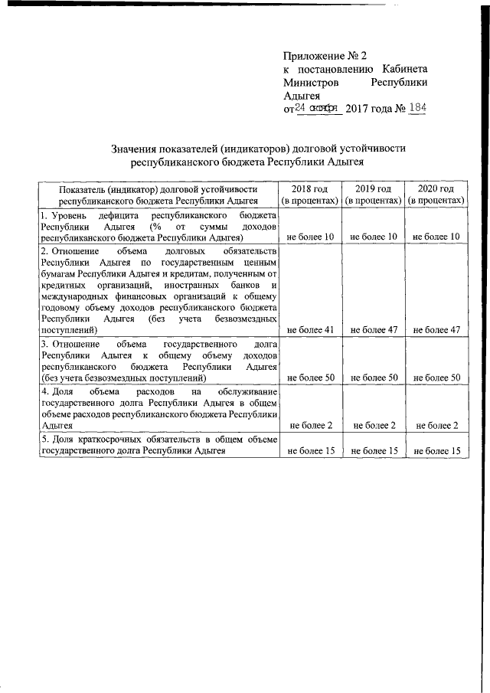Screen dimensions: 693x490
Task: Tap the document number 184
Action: [417, 108]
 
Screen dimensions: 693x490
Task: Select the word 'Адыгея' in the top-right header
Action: [301, 95]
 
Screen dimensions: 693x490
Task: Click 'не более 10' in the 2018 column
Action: [310, 237]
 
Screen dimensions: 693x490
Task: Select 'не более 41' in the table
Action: [310, 330]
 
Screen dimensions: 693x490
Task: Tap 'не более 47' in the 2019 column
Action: [373, 330]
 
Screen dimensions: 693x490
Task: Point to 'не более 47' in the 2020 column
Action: [436, 330]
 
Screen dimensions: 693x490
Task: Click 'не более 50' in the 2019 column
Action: [373, 378]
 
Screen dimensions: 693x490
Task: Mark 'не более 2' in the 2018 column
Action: [310, 425]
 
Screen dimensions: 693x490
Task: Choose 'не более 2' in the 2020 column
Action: [436, 425]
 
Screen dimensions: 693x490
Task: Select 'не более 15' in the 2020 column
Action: [436, 451]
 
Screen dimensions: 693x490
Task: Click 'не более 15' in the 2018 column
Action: [310, 451]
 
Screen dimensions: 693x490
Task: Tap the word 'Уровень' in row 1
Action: [70, 216]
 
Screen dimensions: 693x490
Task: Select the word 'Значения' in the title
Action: [136, 148]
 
